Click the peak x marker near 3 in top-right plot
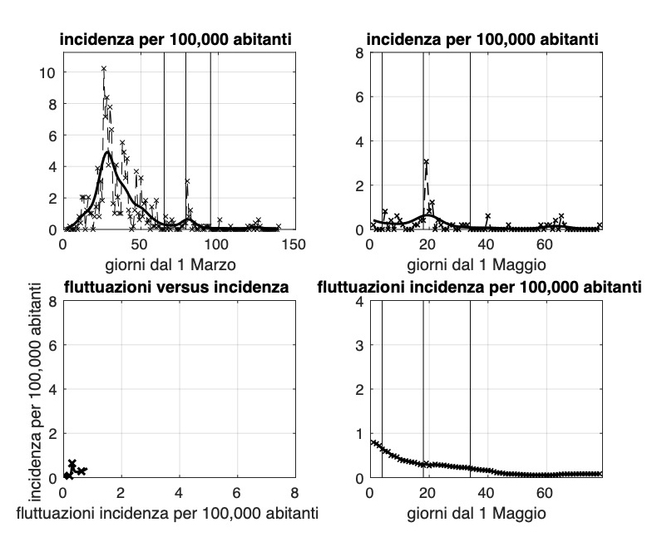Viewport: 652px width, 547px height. coord(426,161)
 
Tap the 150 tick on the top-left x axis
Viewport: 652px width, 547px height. coord(294,245)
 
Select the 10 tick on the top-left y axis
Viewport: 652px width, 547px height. coord(50,72)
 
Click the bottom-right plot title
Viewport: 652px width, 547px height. coord(483,288)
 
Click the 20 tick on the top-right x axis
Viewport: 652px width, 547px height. coord(427,245)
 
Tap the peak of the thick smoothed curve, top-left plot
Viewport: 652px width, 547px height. coord(107,152)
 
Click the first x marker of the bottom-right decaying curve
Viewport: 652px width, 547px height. coord(371,442)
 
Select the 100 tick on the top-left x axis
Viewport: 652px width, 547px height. coord(216,245)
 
